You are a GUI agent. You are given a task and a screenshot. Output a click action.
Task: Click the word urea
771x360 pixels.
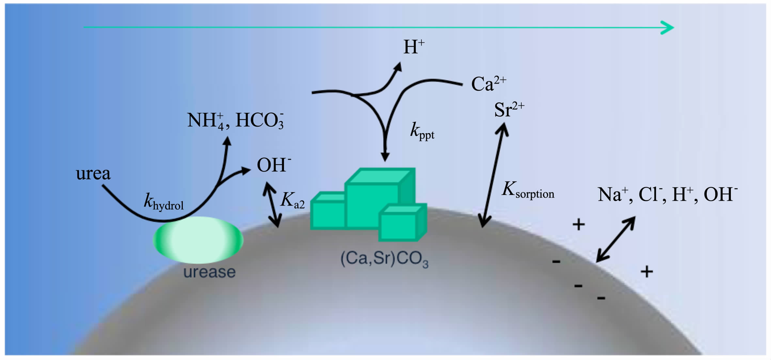tap(93, 174)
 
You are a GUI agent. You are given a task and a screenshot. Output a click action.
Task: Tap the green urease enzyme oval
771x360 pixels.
tap(198, 240)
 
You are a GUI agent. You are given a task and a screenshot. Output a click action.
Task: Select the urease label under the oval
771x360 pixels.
tap(209, 272)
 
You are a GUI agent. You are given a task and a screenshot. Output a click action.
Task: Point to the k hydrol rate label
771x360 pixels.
tap(164, 202)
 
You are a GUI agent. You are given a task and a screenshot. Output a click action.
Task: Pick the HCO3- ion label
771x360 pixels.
tap(260, 120)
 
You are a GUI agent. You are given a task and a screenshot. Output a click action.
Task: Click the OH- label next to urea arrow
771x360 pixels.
tap(274, 165)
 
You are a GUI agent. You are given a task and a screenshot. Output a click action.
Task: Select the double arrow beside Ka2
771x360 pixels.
tap(272, 204)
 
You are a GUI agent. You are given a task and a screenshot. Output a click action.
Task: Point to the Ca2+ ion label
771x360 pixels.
tap(488, 84)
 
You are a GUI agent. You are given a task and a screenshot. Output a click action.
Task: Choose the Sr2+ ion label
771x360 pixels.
tap(509, 110)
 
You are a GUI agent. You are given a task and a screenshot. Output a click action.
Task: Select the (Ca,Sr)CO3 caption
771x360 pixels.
tap(384, 259)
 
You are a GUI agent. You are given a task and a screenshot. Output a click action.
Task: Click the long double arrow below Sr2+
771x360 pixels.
tap(493, 176)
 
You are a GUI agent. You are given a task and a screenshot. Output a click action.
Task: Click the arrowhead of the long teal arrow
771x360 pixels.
tap(668, 27)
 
